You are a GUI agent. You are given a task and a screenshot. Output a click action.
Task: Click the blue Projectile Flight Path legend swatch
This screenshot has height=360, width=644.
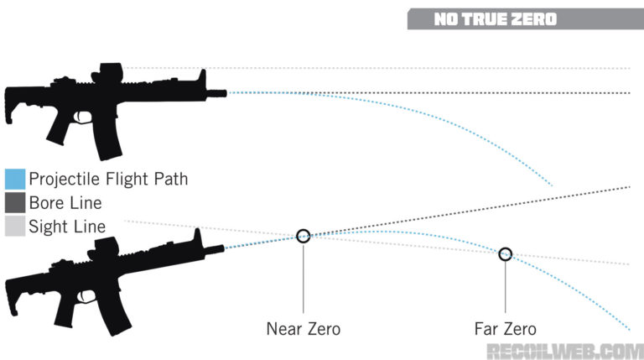[x=15, y=179]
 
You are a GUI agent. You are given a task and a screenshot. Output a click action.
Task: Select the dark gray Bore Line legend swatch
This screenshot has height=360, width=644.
[x=15, y=202]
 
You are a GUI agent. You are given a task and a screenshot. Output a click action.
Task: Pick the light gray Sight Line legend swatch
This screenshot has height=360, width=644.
[x=15, y=226]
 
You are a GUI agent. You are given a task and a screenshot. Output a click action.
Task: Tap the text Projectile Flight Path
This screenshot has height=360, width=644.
[x=108, y=179]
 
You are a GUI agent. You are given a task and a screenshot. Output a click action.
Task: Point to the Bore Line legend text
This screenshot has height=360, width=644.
[x=65, y=202]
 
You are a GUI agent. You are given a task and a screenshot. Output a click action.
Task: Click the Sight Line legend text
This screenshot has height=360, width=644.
[x=67, y=226]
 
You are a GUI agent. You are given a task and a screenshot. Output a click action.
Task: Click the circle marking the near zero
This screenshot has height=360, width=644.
[x=304, y=236]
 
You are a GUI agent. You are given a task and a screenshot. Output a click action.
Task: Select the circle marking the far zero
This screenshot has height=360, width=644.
[x=505, y=254]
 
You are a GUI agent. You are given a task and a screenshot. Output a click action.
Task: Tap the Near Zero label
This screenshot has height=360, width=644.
[x=304, y=329]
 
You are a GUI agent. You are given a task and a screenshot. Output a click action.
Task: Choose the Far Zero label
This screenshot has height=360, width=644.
[x=506, y=329]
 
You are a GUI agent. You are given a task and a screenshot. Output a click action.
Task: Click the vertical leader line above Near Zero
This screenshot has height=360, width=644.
[x=304, y=277]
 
